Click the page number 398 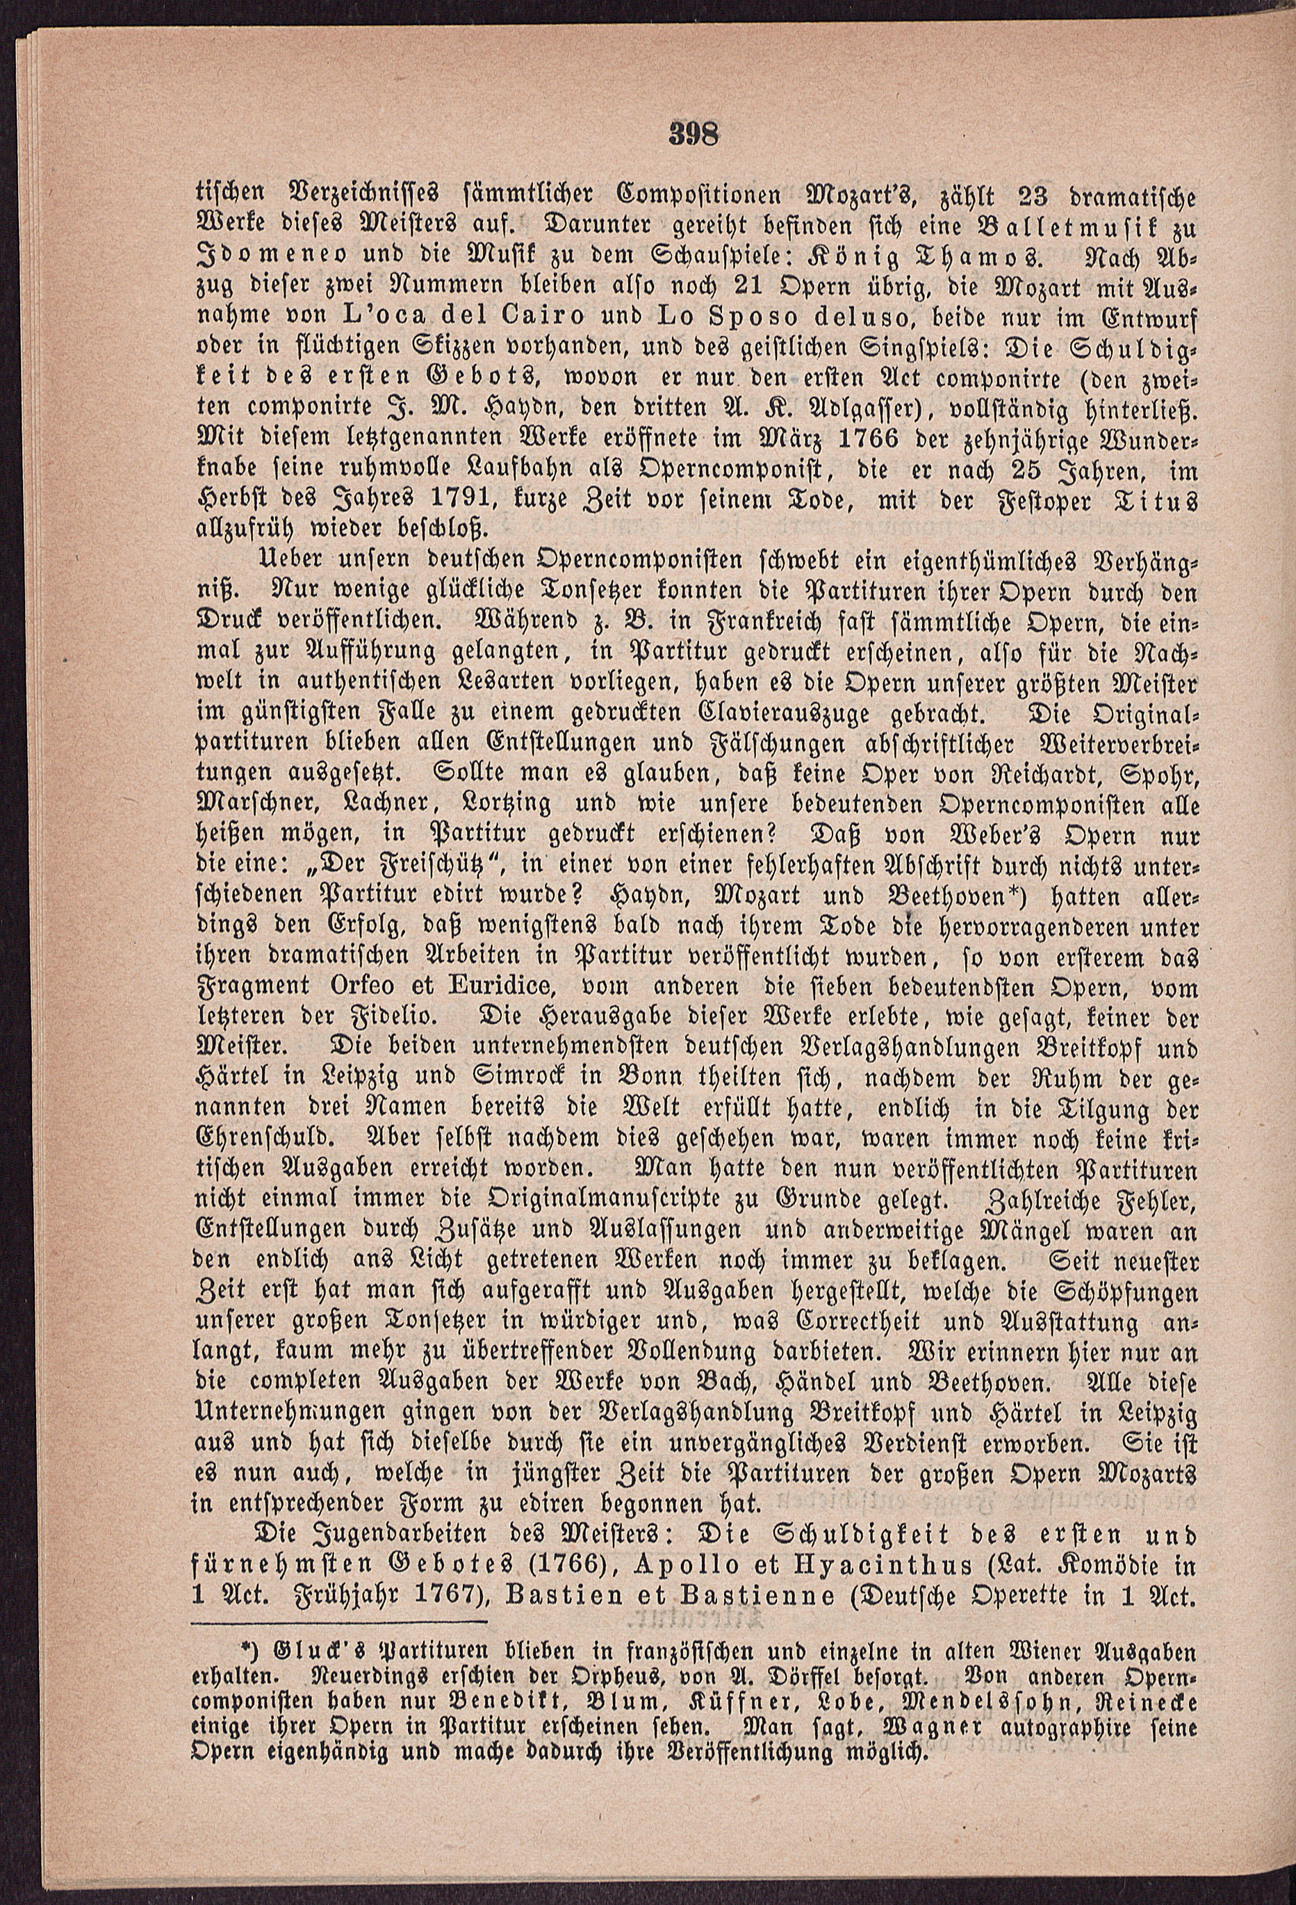pos(693,134)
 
